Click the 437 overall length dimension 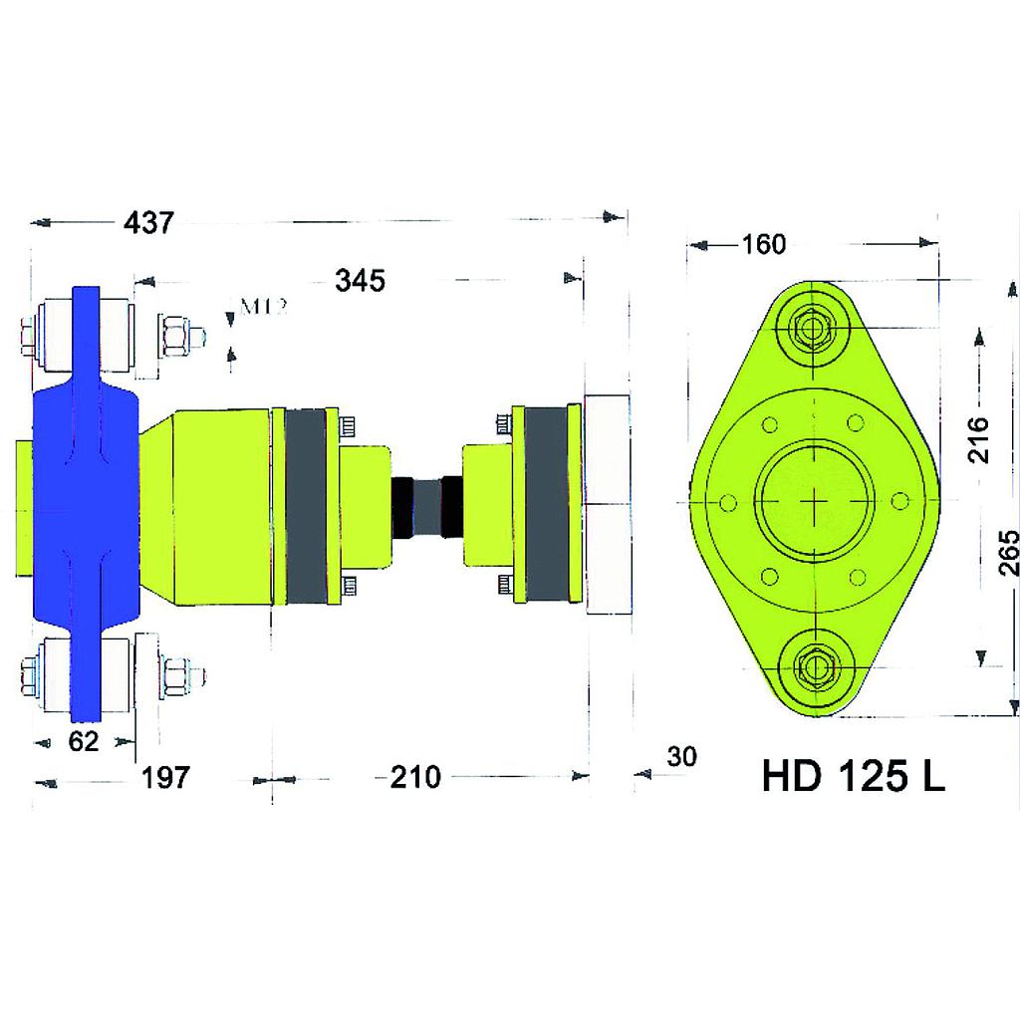click(147, 223)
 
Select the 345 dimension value click(359, 282)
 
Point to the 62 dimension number click(84, 742)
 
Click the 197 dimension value click(164, 778)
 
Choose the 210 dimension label click(414, 778)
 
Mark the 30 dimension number click(681, 757)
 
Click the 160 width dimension click(764, 244)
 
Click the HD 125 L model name click(853, 777)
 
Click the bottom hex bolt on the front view click(815, 667)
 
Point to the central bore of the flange click(815, 498)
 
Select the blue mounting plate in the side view click(84, 498)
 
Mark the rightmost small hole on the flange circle click(900, 500)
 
